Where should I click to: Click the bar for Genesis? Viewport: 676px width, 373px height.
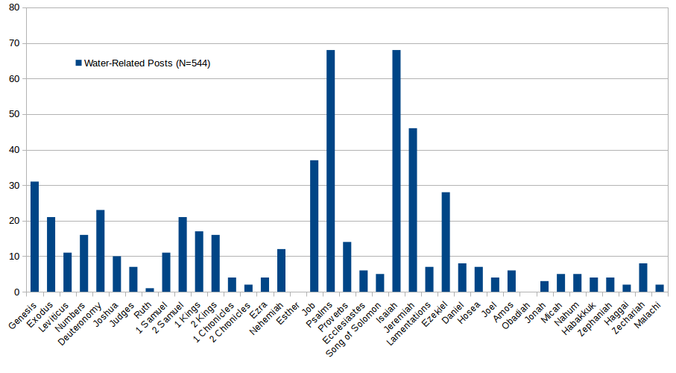[34, 236]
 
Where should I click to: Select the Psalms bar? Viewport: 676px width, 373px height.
[330, 171]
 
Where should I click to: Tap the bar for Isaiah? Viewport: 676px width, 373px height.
[397, 171]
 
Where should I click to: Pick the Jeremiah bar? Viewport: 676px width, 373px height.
[413, 210]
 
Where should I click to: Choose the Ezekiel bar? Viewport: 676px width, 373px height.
[446, 242]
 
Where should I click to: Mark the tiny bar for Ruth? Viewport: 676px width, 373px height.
[150, 289]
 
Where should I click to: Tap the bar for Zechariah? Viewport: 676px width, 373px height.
[643, 278]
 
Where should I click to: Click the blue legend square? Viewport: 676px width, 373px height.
[78, 63]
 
